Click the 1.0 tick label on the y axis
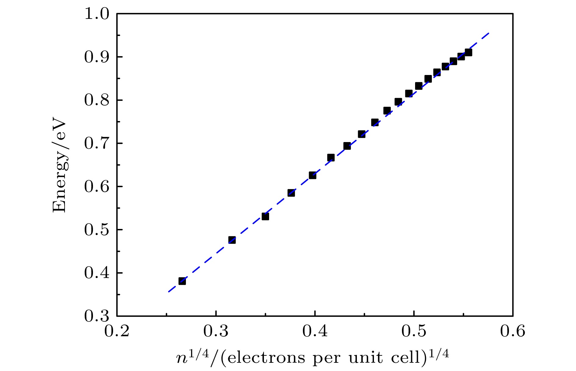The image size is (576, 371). point(96,14)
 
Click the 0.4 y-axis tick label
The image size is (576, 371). point(96,273)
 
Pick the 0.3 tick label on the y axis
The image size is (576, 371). point(96,316)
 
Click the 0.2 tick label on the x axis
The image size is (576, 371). point(117,331)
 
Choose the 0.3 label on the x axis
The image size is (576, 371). point(216,331)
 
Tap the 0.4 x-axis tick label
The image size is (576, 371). point(315,331)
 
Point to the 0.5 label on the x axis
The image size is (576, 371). point(414,331)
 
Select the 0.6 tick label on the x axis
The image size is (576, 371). point(513,331)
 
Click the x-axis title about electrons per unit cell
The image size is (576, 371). point(312,358)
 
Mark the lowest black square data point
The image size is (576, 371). point(182,281)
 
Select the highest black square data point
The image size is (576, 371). point(468,52)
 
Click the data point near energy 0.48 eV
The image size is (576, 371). point(232,240)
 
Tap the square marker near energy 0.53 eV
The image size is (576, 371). point(265,216)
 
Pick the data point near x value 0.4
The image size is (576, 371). point(312,175)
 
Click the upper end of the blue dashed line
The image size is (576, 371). point(489,33)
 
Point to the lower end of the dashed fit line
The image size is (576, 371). point(168,292)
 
